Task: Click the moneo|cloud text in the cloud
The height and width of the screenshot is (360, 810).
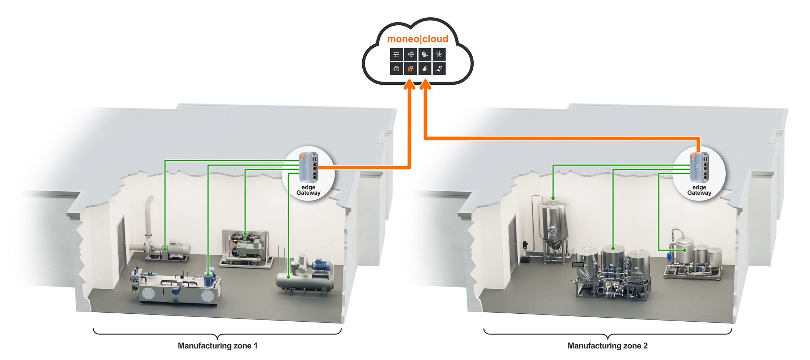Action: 417,39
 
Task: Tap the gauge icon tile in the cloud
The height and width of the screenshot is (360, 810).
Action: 396,69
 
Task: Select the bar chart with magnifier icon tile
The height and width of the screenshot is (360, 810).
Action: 410,69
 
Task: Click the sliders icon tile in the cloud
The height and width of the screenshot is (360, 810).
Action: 396,55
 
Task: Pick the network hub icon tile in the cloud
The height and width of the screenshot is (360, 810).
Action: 439,55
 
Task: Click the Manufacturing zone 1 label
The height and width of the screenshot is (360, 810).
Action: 217,346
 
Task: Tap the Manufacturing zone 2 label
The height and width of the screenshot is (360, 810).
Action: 607,346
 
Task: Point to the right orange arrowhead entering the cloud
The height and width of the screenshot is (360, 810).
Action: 426,85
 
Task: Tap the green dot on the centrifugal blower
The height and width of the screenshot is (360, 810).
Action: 165,249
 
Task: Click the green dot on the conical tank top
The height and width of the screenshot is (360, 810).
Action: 553,198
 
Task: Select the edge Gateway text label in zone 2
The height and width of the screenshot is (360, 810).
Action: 699,190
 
